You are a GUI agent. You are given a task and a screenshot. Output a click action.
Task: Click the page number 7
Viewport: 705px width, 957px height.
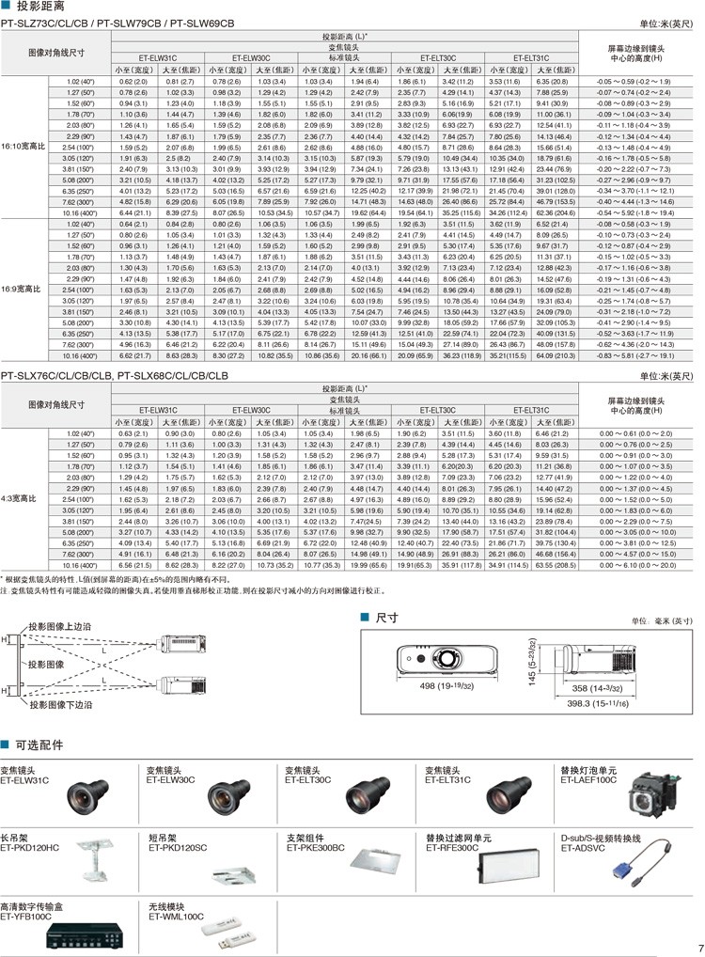pyautogui.click(x=700, y=947)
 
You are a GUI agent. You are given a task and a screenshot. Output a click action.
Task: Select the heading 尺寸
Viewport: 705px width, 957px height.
pyautogui.click(x=386, y=618)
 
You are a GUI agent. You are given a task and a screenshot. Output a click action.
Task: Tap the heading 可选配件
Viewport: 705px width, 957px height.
pyautogui.click(x=38, y=745)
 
